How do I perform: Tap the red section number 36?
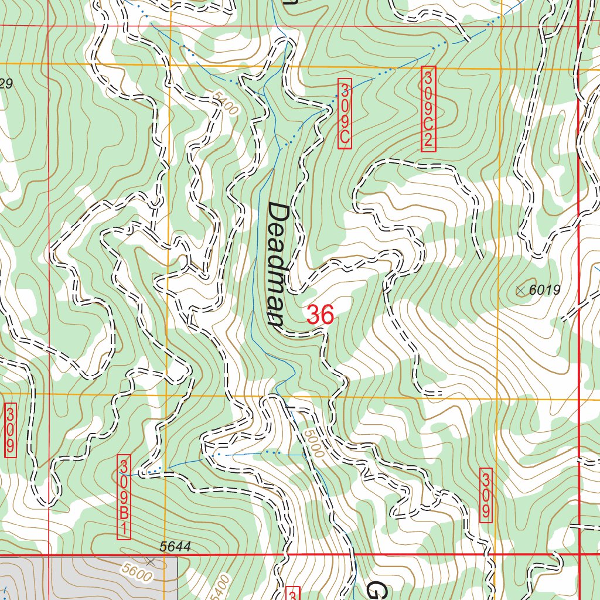click(321, 315)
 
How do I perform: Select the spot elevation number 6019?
click(545, 289)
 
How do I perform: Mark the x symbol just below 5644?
click(152, 561)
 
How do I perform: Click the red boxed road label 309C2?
click(429, 109)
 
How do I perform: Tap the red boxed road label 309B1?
click(124, 497)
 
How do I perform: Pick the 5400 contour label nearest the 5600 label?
click(219, 586)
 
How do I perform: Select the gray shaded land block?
click(88, 578)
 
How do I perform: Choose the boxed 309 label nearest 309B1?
click(10, 429)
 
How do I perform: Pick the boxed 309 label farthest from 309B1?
click(486, 495)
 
